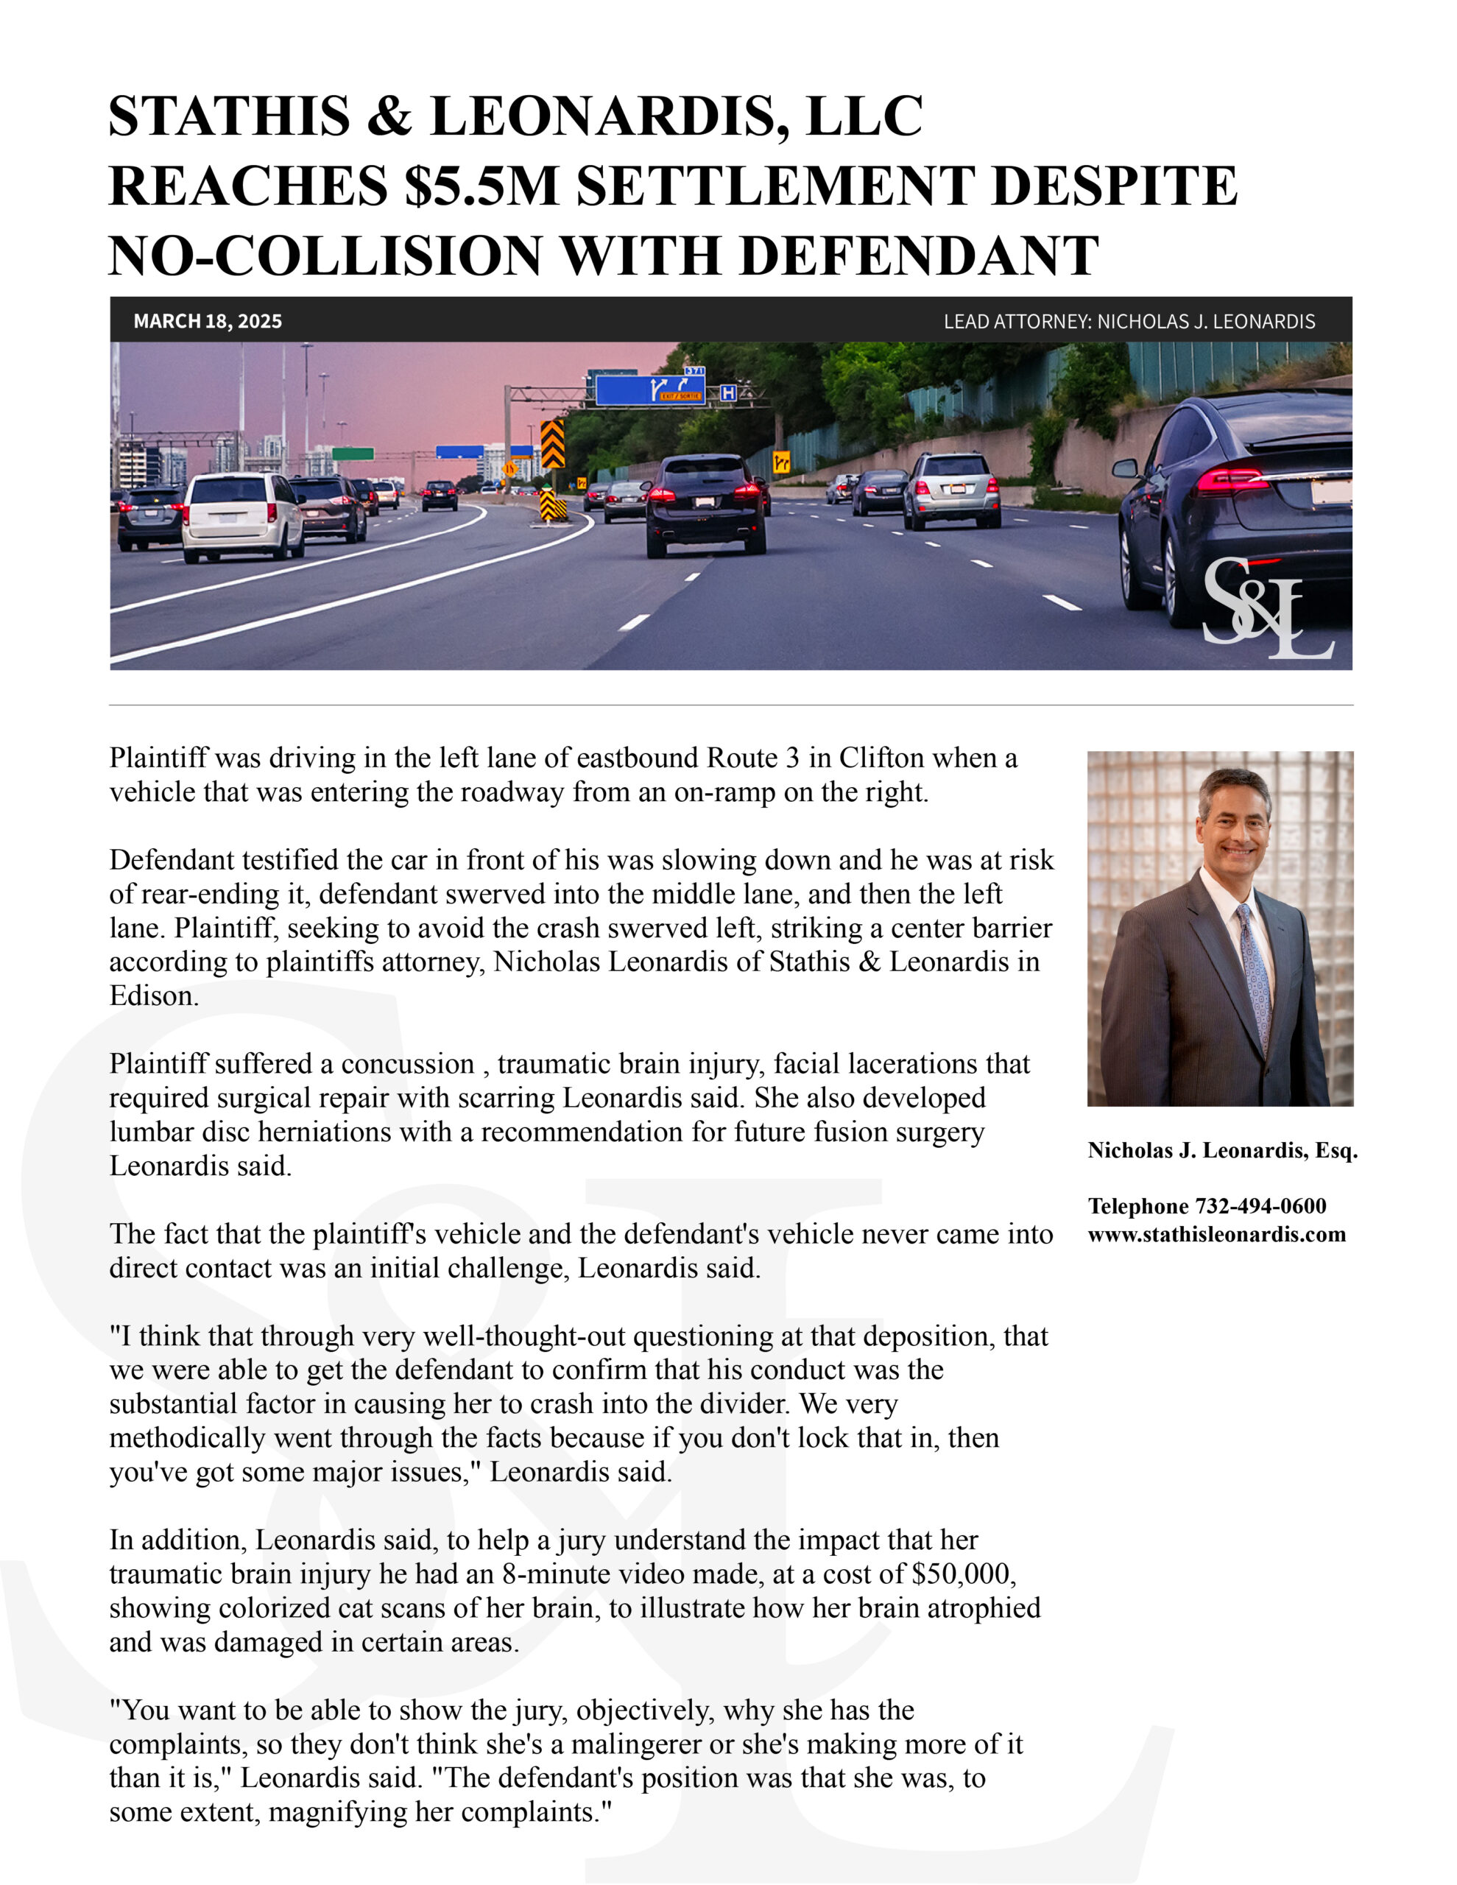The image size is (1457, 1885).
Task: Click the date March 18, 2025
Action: click(x=207, y=321)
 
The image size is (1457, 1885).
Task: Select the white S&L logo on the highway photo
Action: click(x=1266, y=610)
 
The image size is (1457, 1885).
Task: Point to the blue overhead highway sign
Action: click(x=650, y=390)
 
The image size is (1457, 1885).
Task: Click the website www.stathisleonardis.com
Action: click(x=1216, y=1234)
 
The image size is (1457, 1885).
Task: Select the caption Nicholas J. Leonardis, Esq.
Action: click(x=1222, y=1149)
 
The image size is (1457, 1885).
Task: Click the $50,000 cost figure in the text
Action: click(x=962, y=1574)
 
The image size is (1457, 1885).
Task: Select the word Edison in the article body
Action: click(x=154, y=996)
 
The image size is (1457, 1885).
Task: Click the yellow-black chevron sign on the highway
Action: click(x=552, y=443)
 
